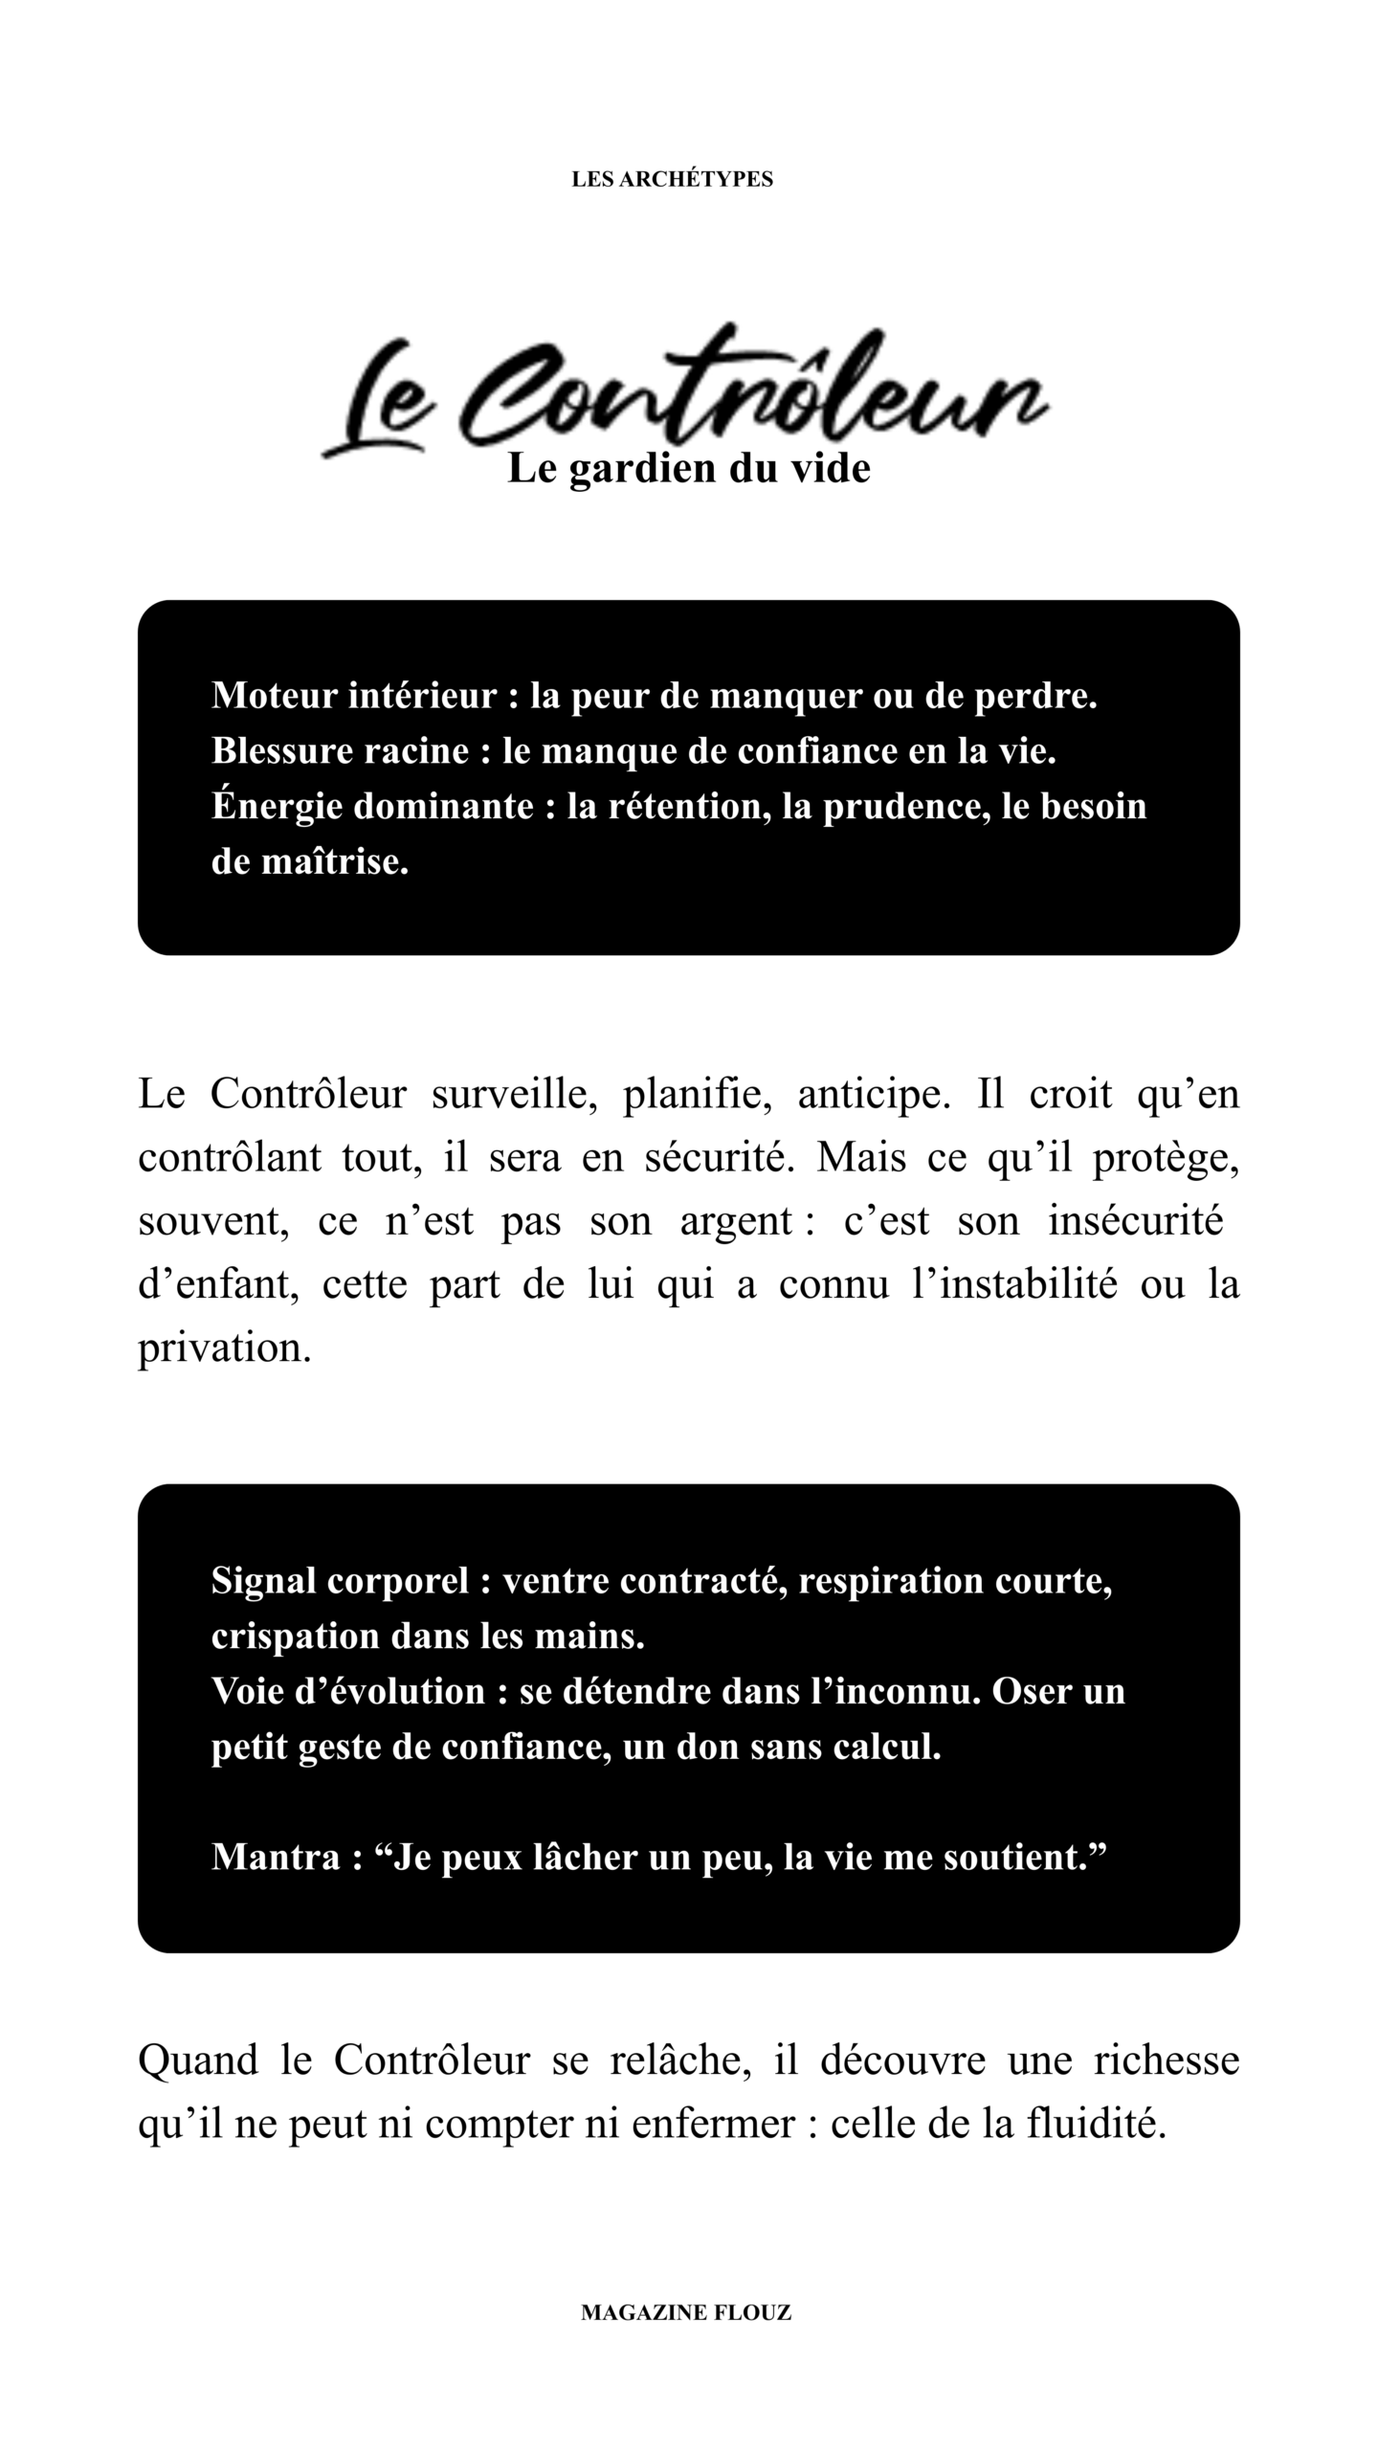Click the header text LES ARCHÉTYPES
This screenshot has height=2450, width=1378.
672,179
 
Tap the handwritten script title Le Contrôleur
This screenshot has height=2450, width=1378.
684,394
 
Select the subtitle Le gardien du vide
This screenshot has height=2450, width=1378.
688,468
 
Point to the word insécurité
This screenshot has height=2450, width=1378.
1135,1221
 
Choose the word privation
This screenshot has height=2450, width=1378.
224,1347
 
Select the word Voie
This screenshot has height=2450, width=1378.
247,1691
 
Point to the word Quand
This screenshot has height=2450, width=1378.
198,2060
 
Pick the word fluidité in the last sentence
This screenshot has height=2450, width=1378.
1096,2123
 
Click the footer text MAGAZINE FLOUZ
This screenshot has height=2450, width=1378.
686,2313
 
